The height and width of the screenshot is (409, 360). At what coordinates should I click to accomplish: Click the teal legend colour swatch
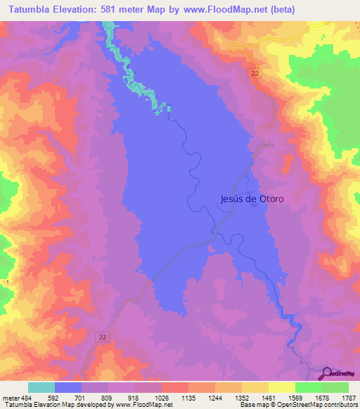pyautogui.click(x=41, y=387)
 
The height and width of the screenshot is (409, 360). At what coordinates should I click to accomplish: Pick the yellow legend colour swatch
pyautogui.click(x=281, y=387)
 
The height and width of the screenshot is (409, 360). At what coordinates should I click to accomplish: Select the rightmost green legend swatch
pyautogui.click(x=335, y=387)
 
